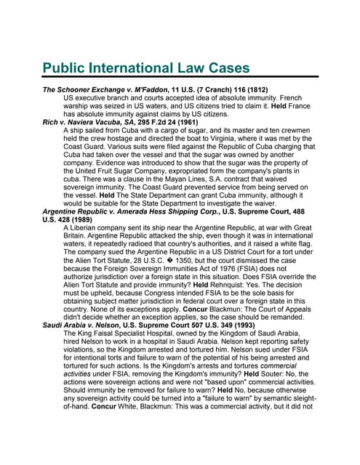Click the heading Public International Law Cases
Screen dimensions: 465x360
(x=146, y=70)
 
